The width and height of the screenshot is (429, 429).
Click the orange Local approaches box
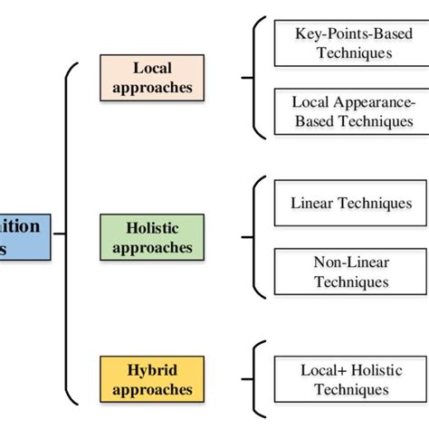tap(153, 78)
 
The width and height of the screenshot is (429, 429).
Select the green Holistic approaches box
tap(153, 237)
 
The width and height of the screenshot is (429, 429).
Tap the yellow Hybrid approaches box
tap(153, 380)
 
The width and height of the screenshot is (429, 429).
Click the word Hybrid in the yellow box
tap(153, 371)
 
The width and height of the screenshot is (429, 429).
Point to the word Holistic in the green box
tap(153, 228)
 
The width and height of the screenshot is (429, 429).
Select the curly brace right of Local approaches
tap(257, 78)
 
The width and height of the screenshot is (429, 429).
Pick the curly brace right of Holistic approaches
tap(257, 237)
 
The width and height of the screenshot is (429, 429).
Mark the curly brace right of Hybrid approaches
tap(257, 380)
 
